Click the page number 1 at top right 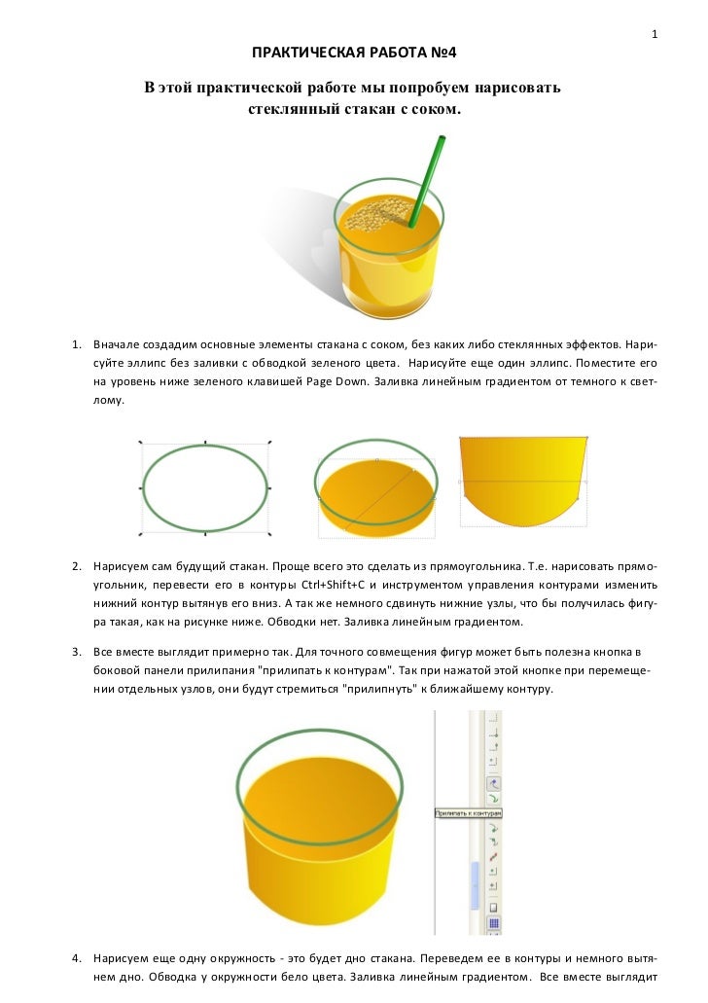(655, 36)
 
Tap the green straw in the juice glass (427, 179)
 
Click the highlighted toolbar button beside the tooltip (493, 783)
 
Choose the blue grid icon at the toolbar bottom (493, 923)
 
